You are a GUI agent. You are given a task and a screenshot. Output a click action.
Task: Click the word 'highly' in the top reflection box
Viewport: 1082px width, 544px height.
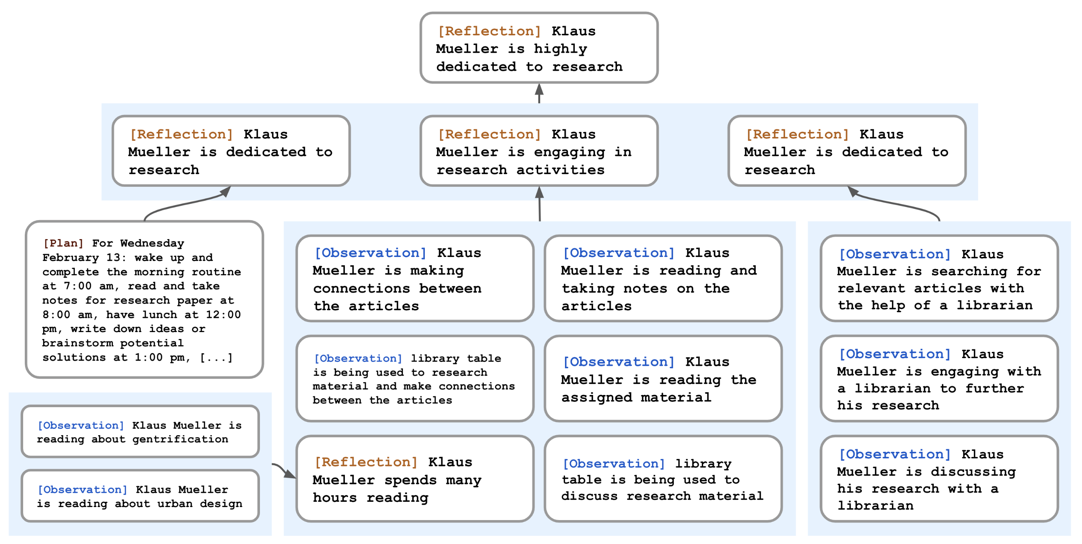click(560, 49)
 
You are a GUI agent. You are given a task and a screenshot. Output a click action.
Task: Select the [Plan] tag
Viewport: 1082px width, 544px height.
click(63, 243)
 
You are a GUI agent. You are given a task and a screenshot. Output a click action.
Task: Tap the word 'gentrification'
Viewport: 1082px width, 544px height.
click(180, 439)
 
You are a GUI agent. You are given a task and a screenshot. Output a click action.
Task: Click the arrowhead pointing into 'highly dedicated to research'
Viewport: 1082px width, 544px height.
click(539, 89)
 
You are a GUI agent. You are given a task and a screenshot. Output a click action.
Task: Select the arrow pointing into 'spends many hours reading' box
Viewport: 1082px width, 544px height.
click(284, 470)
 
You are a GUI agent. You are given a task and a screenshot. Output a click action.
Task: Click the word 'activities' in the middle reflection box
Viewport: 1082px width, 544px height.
click(560, 170)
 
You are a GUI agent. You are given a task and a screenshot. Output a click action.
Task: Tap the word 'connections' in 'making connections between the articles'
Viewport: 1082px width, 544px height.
click(361, 288)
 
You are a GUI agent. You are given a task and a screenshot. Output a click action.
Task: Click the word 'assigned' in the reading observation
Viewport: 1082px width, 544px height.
click(597, 397)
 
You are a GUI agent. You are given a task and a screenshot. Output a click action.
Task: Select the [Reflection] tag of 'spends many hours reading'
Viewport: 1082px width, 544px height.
click(366, 462)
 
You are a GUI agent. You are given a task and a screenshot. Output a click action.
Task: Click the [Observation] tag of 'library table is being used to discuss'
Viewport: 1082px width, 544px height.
click(614, 464)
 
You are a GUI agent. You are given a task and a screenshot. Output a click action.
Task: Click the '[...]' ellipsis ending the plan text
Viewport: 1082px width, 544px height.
click(216, 357)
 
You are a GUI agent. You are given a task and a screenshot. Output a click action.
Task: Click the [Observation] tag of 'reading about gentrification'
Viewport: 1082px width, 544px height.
click(81, 425)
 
